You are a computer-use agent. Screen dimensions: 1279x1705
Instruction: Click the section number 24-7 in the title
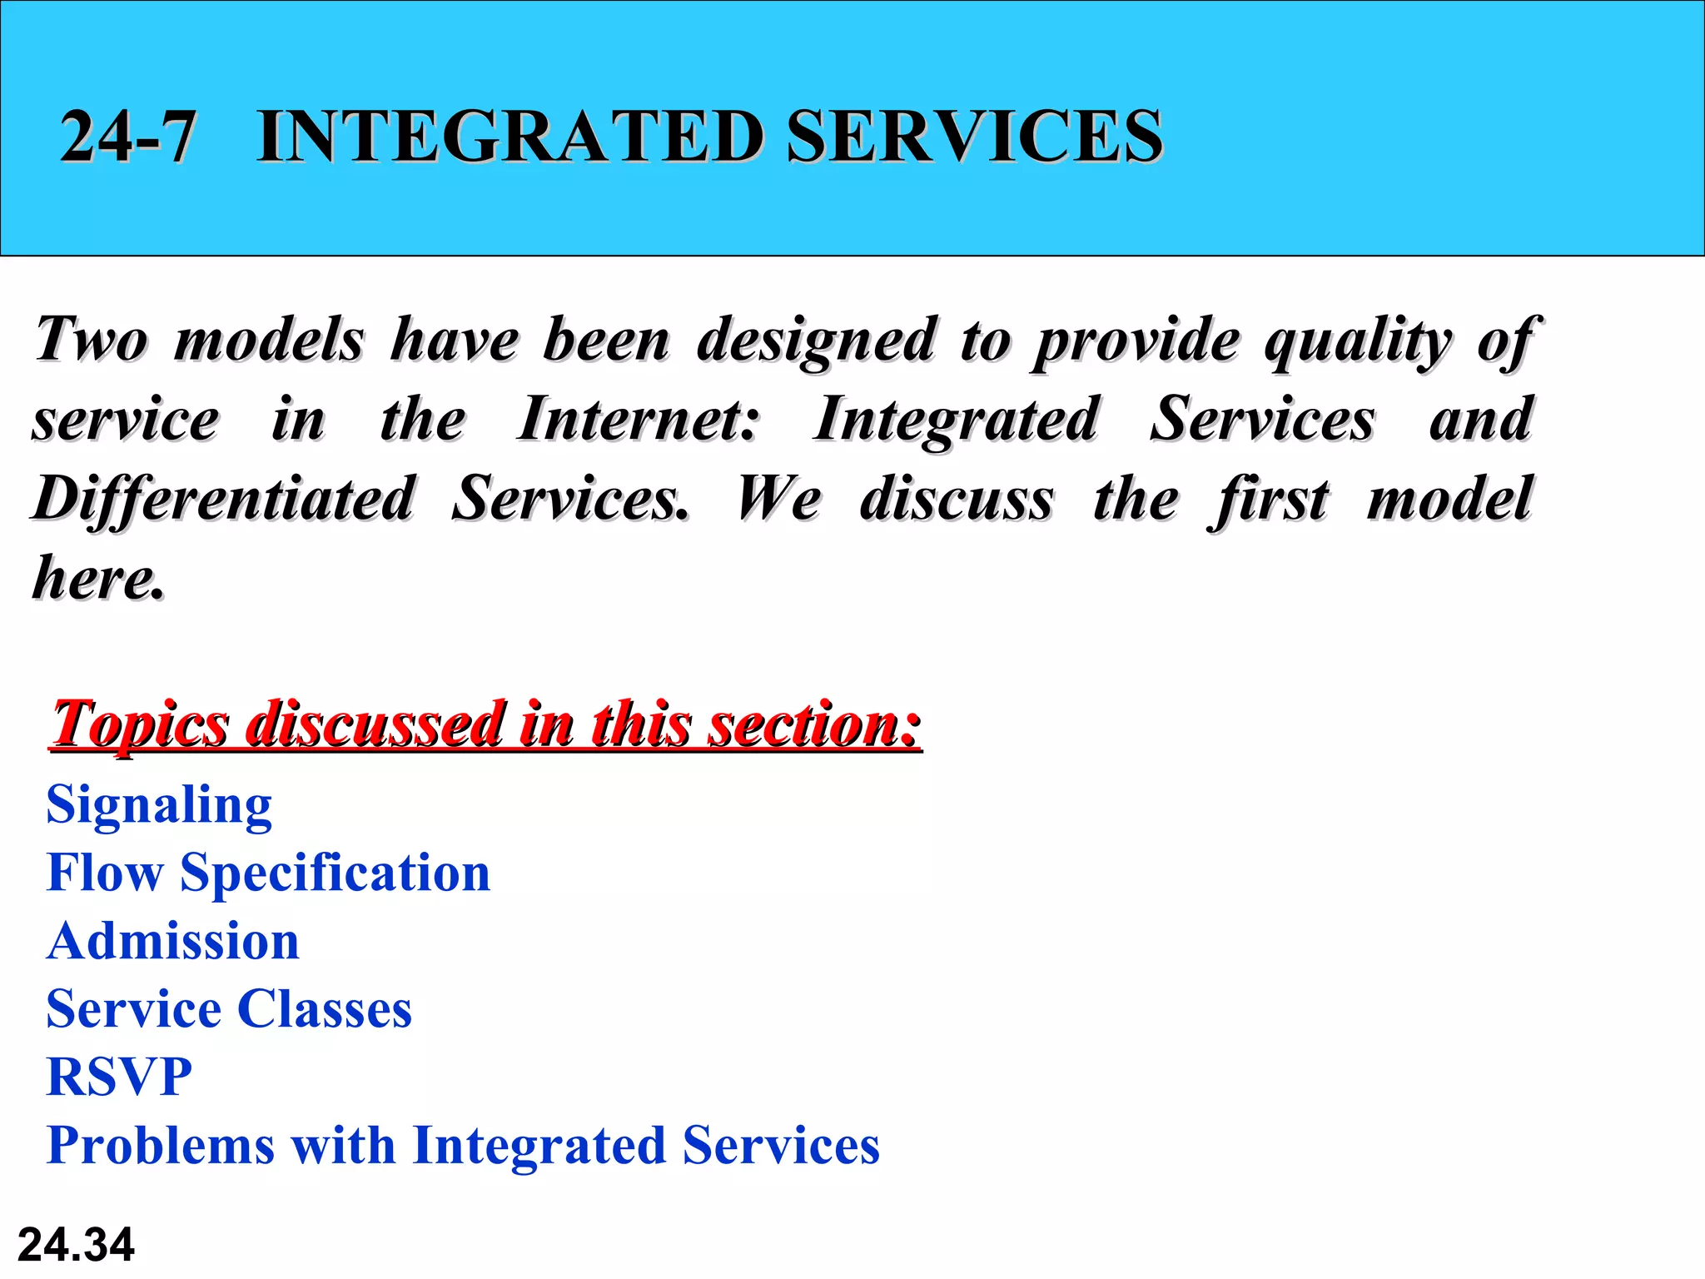pyautogui.click(x=128, y=136)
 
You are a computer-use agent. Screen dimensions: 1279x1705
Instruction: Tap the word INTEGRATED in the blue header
pyautogui.click(x=510, y=136)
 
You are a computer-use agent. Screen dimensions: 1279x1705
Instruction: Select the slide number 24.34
pyautogui.click(x=76, y=1245)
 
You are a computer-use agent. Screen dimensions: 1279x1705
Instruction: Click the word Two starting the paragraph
pyautogui.click(x=92, y=340)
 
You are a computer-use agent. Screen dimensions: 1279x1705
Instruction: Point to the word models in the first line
pyautogui.click(x=269, y=340)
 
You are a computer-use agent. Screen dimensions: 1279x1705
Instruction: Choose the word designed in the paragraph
pyautogui.click(x=816, y=341)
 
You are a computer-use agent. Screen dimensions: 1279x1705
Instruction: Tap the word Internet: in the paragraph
pyautogui.click(x=638, y=419)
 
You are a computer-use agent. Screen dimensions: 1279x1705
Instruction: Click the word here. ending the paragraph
pyautogui.click(x=97, y=577)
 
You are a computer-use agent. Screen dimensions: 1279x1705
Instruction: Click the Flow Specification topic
pyautogui.click(x=268, y=873)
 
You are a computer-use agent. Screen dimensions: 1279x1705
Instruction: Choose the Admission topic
pyautogui.click(x=173, y=941)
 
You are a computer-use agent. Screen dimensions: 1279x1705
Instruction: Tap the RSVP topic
pyautogui.click(x=119, y=1077)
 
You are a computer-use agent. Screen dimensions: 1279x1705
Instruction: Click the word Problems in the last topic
pyautogui.click(x=161, y=1145)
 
